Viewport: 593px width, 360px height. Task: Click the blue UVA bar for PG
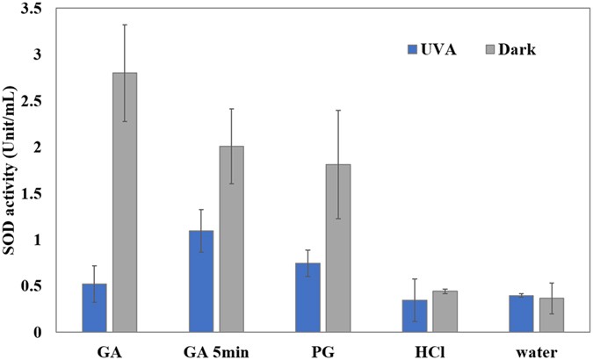[308, 298]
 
